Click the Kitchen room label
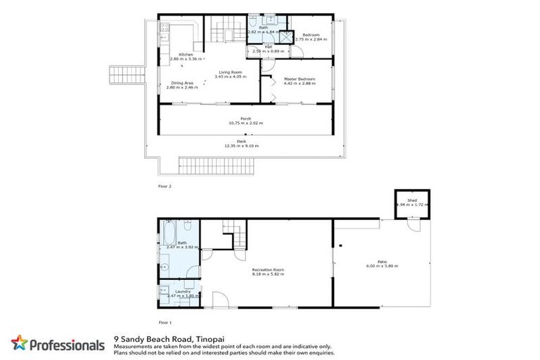186,55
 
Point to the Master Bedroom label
299,79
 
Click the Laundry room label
173,291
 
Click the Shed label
412,200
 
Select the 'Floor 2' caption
165,186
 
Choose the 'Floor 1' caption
165,322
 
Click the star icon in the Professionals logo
19,344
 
